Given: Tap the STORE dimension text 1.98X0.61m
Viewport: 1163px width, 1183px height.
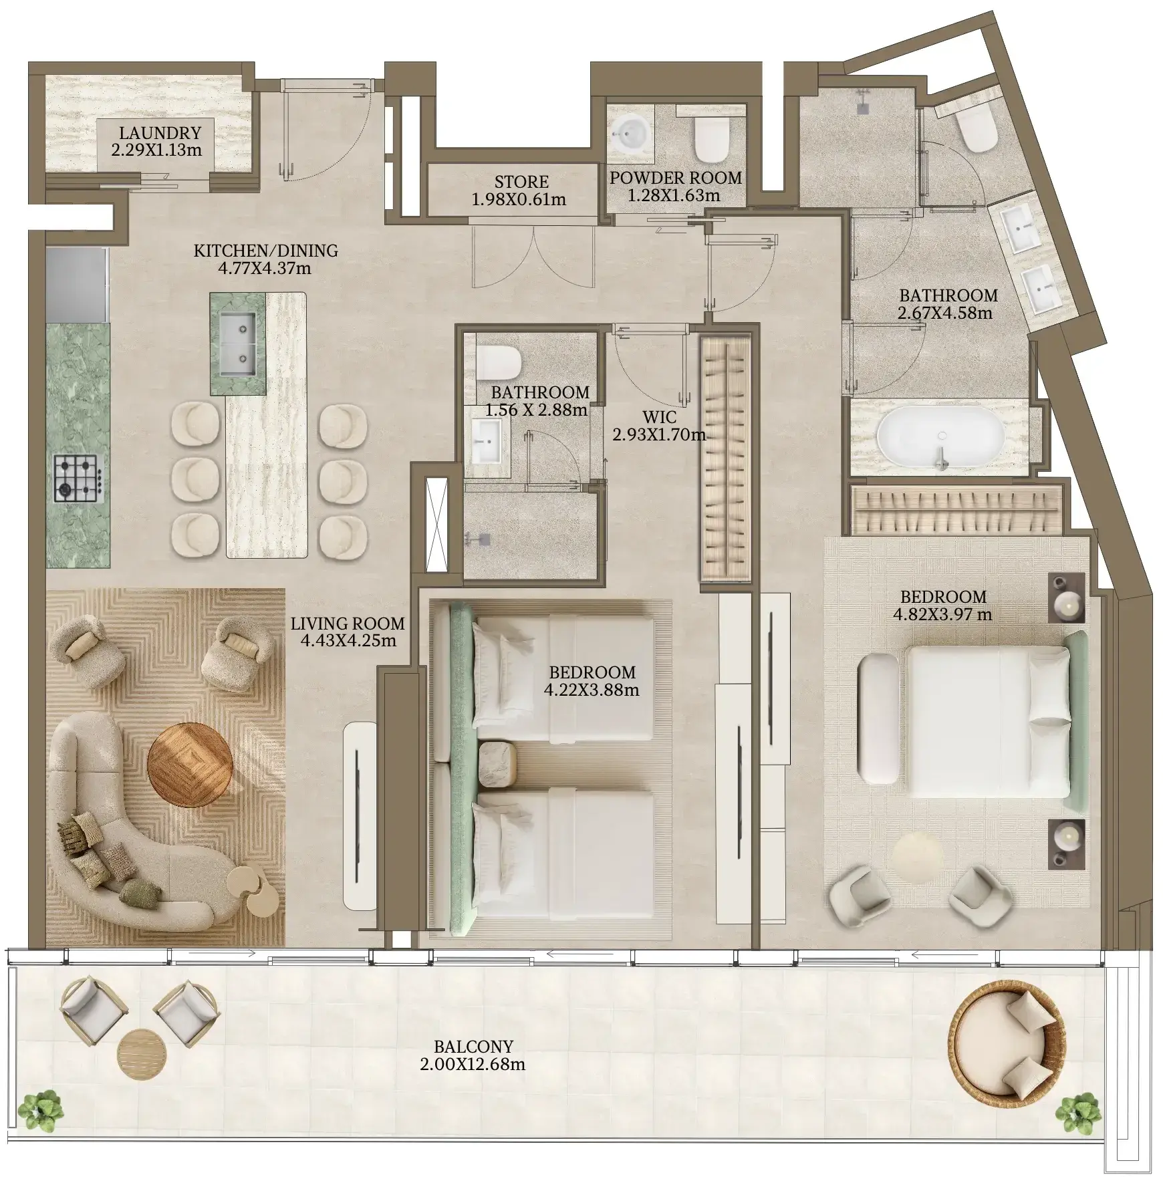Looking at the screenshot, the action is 519,199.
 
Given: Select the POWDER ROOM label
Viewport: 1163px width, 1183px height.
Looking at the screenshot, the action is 676,178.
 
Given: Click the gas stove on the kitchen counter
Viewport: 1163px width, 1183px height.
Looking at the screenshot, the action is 79,479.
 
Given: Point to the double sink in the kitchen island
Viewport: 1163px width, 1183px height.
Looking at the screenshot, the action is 237,344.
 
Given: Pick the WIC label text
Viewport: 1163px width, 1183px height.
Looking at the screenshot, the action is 659,418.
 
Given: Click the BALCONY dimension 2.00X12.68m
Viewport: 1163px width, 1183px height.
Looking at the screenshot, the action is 473,1065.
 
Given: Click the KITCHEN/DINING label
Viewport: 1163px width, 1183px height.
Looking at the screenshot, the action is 266,251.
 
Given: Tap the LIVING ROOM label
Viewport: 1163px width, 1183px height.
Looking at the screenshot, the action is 348,624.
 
